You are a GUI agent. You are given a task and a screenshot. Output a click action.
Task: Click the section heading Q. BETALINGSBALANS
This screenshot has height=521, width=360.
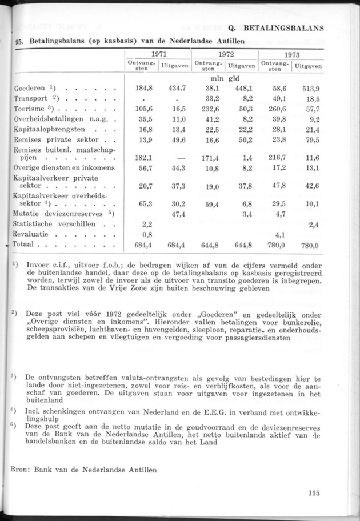pos(276,27)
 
